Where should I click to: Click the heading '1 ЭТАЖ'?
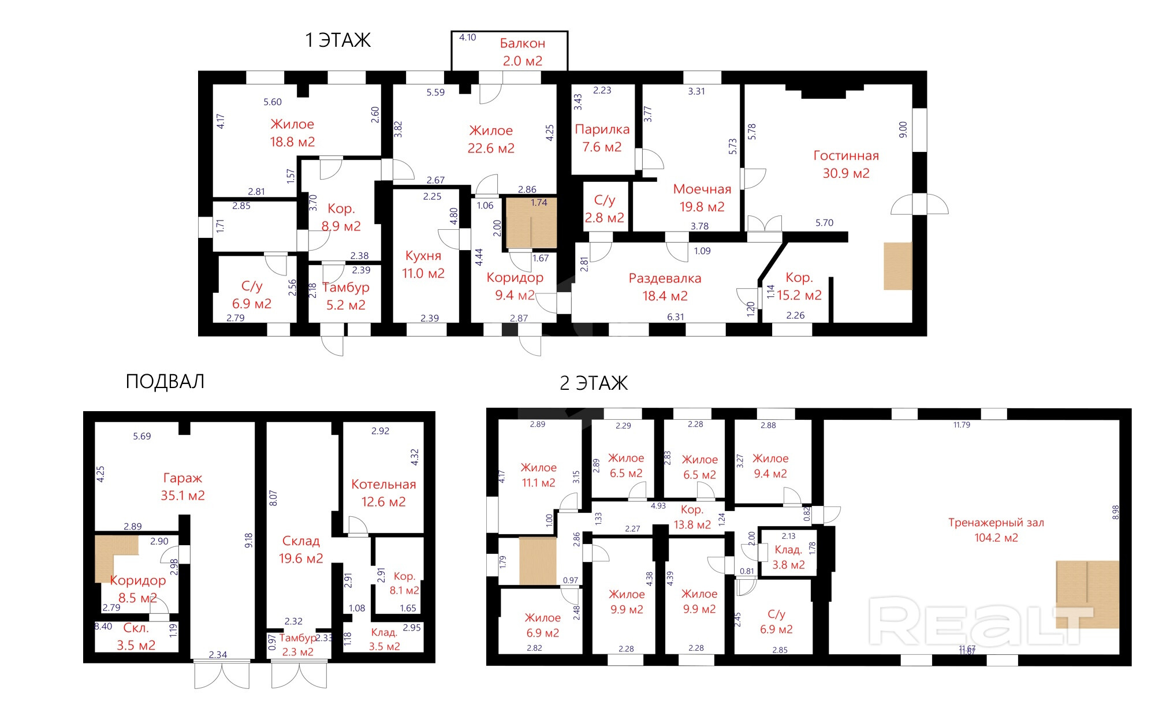(338, 40)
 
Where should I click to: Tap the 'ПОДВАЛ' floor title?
(165, 382)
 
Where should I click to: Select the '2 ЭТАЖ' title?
(594, 383)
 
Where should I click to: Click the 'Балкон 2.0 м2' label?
(523, 52)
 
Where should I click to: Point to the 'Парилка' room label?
(602, 129)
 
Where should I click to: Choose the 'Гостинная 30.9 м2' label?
(846, 165)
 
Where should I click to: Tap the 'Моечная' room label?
(702, 189)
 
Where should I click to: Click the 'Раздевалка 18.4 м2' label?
(665, 287)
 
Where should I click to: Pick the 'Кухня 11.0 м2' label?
(423, 264)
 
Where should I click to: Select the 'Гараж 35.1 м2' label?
(182, 487)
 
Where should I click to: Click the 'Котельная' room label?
(383, 485)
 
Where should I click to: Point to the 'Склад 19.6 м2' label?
(301, 550)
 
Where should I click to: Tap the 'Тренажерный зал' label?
(996, 523)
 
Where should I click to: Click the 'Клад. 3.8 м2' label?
(788, 557)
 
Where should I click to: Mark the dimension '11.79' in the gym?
(962, 425)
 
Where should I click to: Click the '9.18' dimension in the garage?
(248, 541)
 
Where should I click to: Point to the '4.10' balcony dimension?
(467, 38)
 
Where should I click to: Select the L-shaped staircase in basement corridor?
(117, 558)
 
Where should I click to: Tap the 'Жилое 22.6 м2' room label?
(491, 140)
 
